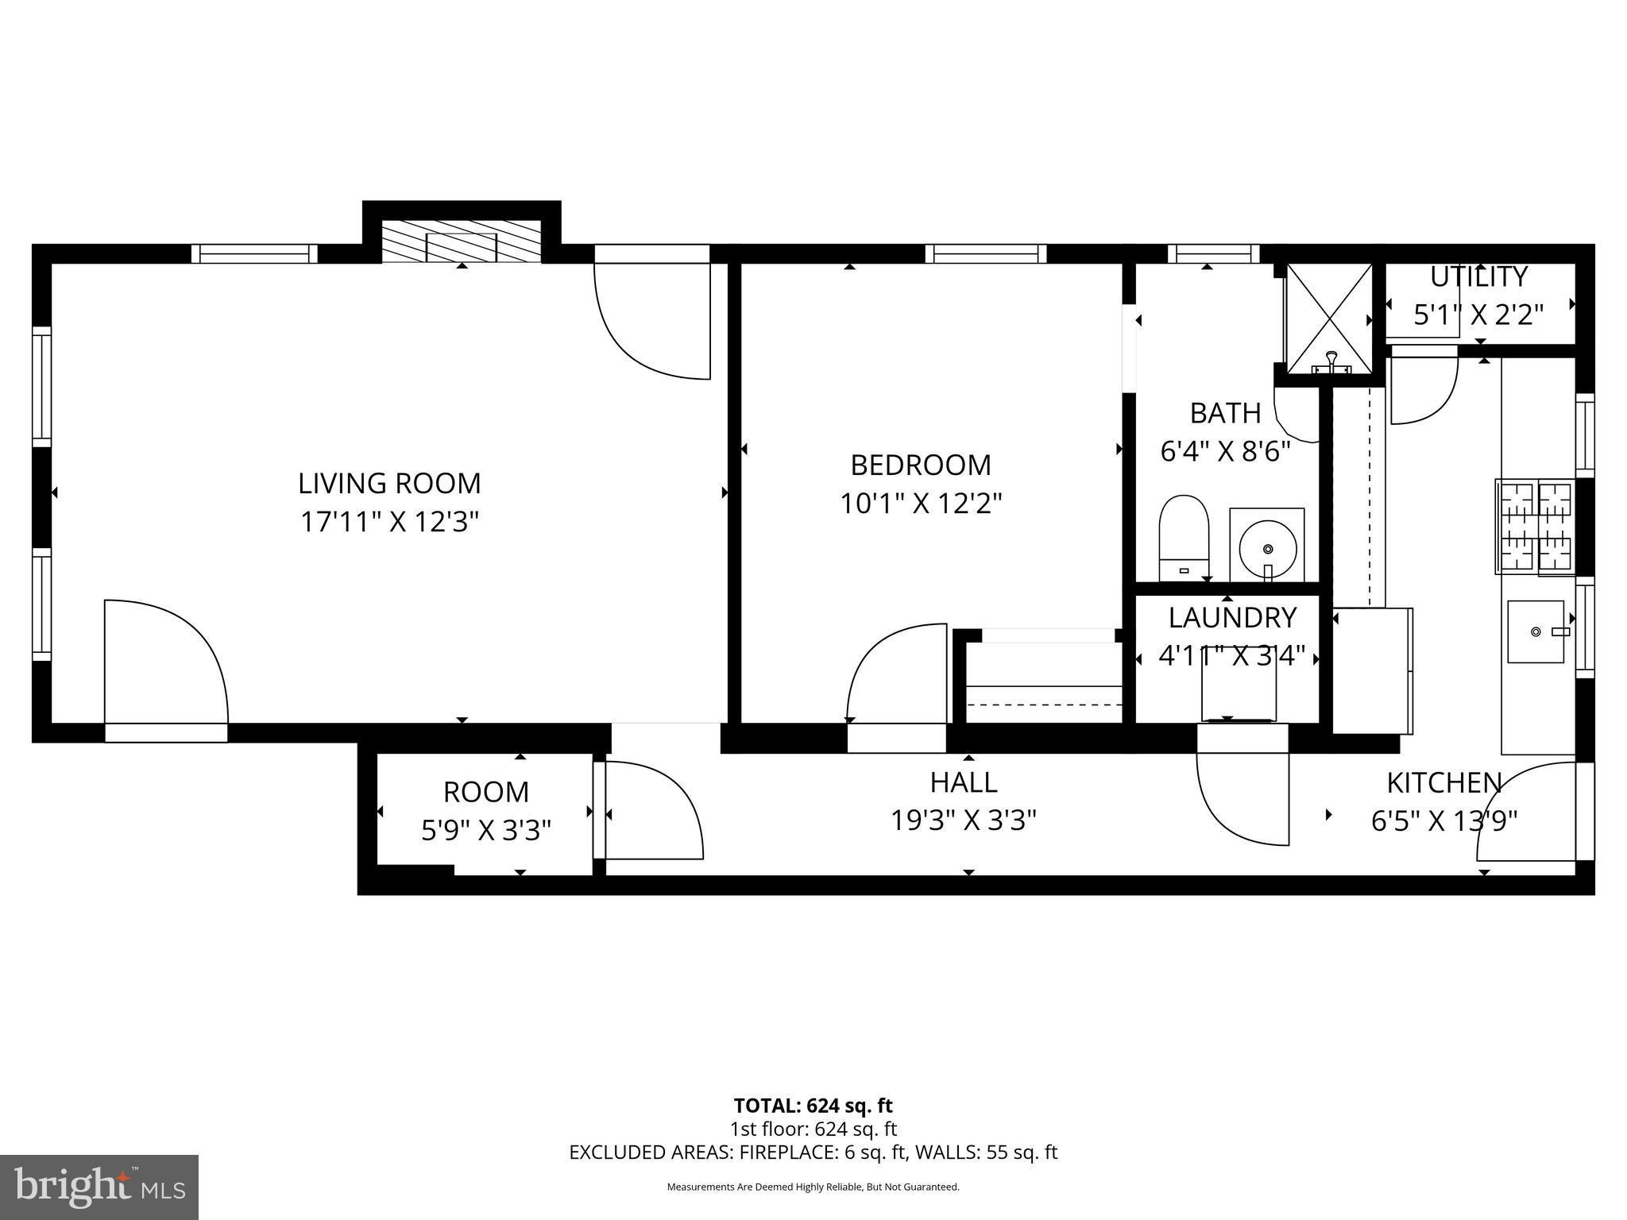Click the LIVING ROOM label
click(389, 483)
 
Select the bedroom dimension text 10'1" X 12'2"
click(921, 503)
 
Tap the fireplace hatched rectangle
click(462, 241)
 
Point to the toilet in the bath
click(1184, 537)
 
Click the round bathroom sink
click(1267, 546)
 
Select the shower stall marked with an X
click(1328, 319)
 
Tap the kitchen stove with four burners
click(1534, 526)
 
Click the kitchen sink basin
click(1536, 631)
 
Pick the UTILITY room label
click(1478, 277)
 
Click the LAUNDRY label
click(1232, 617)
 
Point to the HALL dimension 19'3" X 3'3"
click(963, 820)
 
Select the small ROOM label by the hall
click(485, 792)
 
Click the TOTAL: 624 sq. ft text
click(813, 1106)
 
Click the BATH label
click(1225, 413)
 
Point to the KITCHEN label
click(1443, 783)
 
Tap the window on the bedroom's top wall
click(985, 253)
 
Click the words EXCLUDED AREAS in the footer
click(651, 1152)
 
